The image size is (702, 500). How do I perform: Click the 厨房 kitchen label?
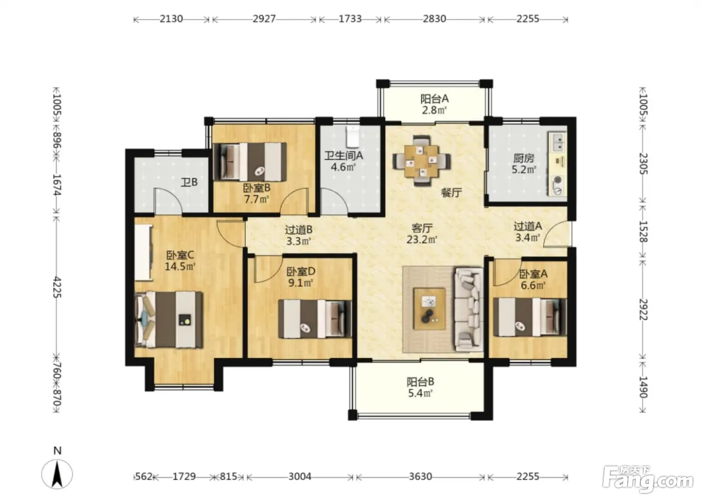tap(523, 159)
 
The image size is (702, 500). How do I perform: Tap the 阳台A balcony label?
tap(435, 99)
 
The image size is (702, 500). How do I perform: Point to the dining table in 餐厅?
tap(422, 160)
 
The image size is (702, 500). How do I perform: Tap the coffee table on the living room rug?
tap(430, 309)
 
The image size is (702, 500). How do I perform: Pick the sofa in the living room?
tap(469, 309)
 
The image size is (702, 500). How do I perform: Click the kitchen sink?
tap(558, 142)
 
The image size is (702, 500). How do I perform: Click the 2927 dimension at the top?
tap(264, 19)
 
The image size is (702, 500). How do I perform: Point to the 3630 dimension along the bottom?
tap(421, 476)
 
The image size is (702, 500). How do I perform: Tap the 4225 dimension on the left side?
tap(57, 287)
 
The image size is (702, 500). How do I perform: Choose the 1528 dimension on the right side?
tap(643, 231)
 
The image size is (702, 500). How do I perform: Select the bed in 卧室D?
tap(315, 319)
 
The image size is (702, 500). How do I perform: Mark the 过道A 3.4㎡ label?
tap(528, 232)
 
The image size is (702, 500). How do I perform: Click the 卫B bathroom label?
tap(190, 182)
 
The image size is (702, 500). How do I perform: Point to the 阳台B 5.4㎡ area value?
tap(421, 393)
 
